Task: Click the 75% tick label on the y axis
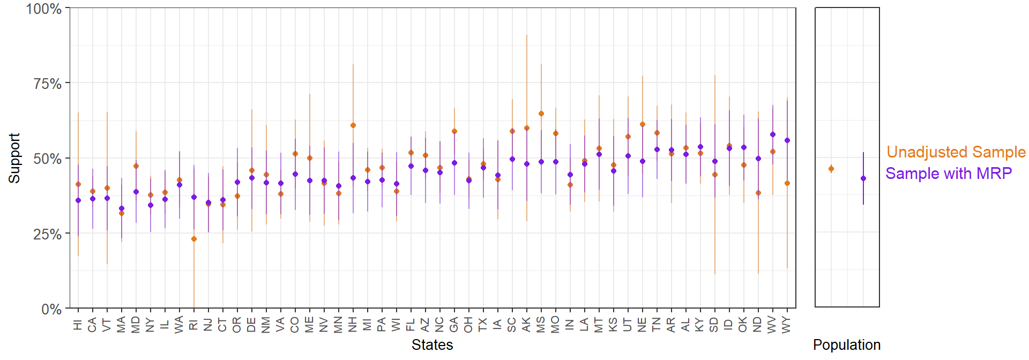tap(48, 84)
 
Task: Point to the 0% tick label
tap(52, 309)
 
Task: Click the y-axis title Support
tap(14, 159)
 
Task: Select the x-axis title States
tap(432, 345)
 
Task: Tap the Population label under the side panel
tap(846, 345)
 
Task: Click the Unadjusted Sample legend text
tap(956, 152)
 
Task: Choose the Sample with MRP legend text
tap(948, 174)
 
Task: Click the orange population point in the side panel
tap(831, 169)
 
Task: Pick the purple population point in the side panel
tap(863, 178)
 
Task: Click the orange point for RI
tap(194, 239)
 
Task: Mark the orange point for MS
tap(541, 114)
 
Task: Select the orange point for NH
tap(353, 125)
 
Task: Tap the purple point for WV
tap(773, 134)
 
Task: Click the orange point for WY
tap(787, 183)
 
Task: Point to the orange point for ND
tap(758, 193)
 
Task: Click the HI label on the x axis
tap(78, 325)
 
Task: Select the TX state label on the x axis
tap(483, 325)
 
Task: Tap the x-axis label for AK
tap(527, 325)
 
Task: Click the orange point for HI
tap(78, 184)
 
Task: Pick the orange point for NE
tap(643, 124)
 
